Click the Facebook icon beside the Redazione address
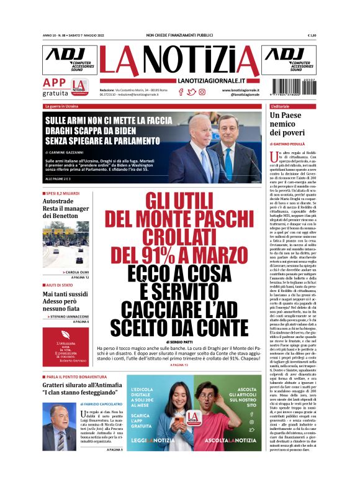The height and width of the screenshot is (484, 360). point(181,92)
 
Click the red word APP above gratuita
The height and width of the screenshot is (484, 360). point(55,83)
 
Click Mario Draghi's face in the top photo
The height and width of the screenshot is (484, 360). point(230,131)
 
